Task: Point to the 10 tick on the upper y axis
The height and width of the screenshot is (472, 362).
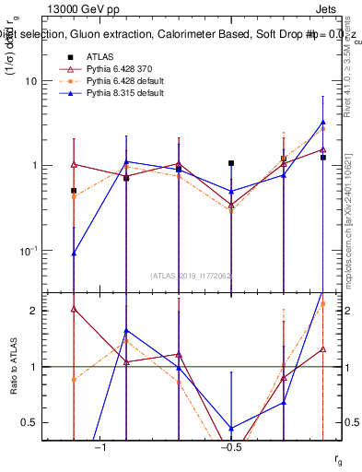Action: click(30, 81)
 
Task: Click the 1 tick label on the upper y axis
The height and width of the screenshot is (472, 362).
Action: click(34, 166)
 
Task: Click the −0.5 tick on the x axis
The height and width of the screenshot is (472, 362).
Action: click(230, 447)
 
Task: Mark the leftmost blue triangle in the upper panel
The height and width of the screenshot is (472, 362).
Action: click(73, 252)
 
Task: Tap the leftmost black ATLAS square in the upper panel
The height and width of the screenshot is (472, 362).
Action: click(73, 191)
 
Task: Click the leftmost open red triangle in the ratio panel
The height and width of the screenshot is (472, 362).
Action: click(73, 309)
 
